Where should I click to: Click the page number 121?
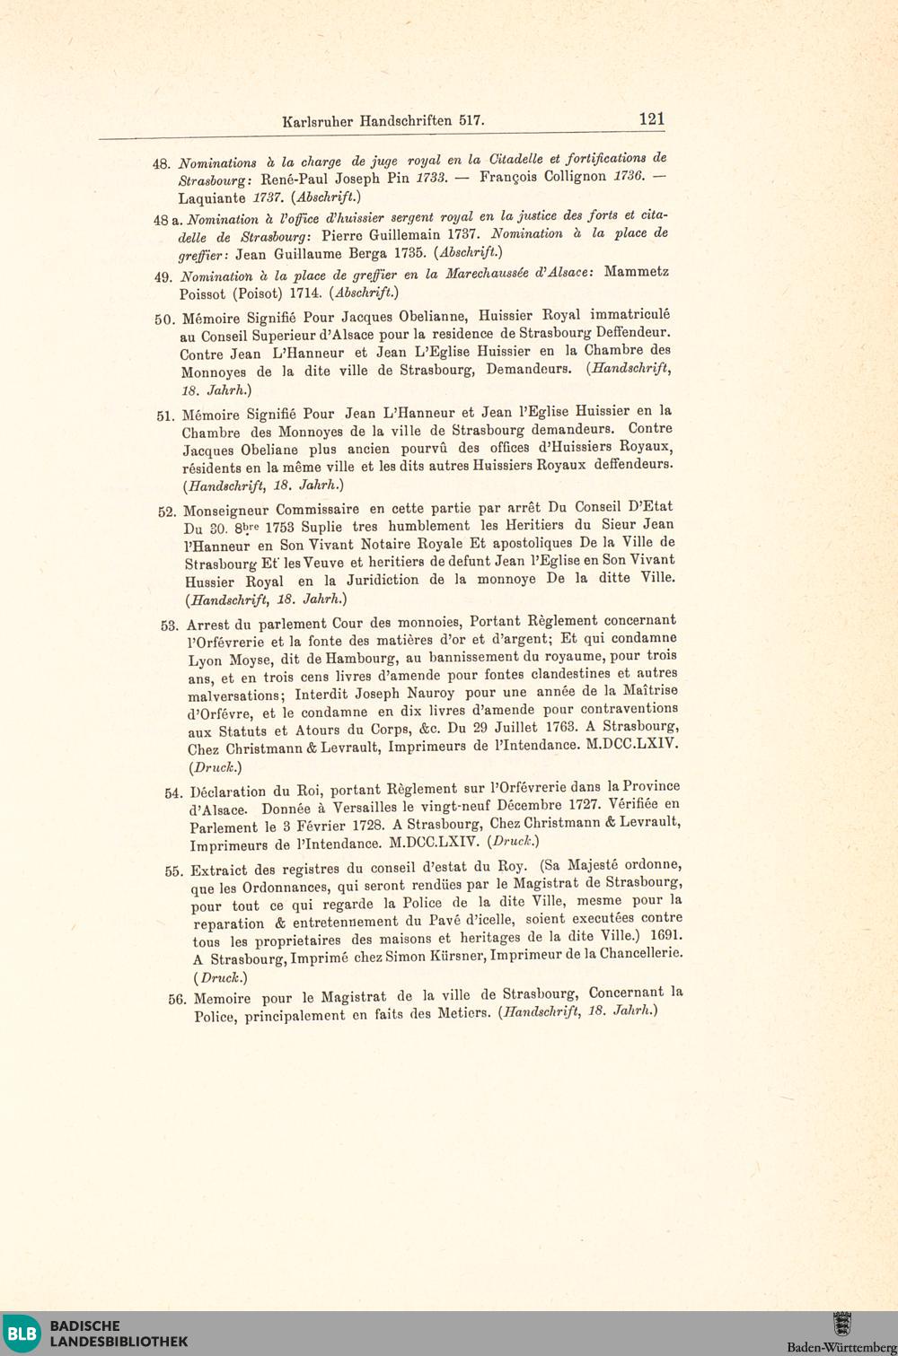tap(651, 118)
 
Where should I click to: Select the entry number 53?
tap(170, 626)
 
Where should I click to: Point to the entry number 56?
tap(176, 999)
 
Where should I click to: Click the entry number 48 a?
tap(168, 220)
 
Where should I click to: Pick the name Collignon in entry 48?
tap(575, 176)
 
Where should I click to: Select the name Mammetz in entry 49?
tap(636, 271)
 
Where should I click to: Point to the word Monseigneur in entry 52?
tap(240, 510)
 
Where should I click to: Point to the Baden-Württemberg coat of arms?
tap(841, 1325)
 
